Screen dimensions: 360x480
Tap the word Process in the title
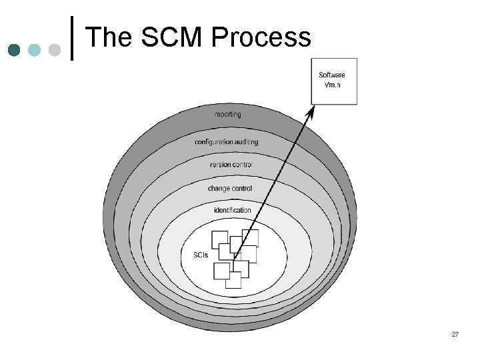pyautogui.click(x=261, y=37)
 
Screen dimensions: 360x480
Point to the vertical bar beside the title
pyautogui.click(x=71, y=39)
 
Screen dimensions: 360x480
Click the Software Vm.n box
pyautogui.click(x=334, y=81)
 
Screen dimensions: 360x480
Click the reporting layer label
pyautogui.click(x=228, y=115)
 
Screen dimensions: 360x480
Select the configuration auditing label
pyautogui.click(x=226, y=142)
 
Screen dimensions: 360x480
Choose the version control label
pyautogui.click(x=231, y=165)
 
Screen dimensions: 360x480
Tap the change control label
pyautogui.click(x=230, y=189)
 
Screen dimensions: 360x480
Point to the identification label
pyautogui.click(x=233, y=211)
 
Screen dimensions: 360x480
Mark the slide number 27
pyautogui.click(x=455, y=333)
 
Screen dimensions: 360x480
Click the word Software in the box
pyautogui.click(x=332, y=75)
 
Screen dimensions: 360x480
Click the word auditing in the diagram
pyautogui.click(x=247, y=142)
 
